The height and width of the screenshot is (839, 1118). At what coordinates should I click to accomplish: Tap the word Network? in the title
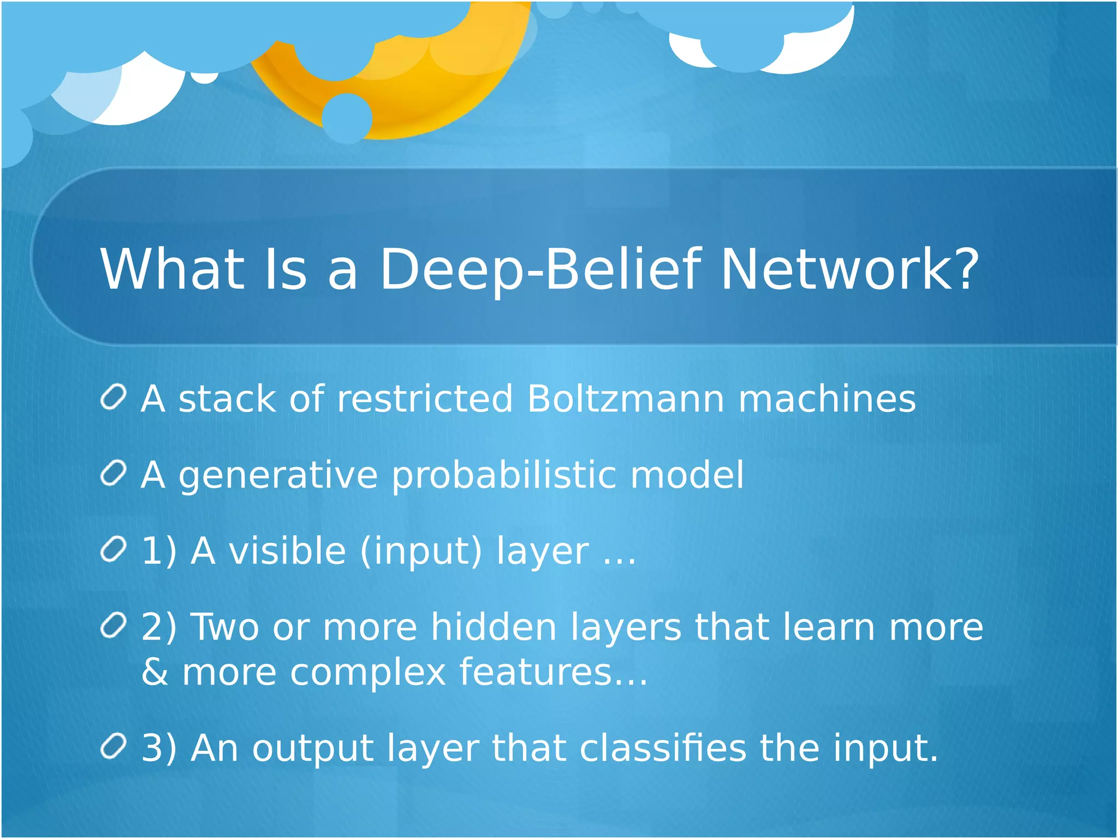(x=849, y=270)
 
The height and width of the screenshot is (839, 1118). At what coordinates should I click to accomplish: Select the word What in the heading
(x=172, y=270)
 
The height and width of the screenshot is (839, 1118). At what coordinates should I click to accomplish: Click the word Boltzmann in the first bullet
(x=626, y=399)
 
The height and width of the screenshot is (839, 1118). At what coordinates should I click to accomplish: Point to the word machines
(x=826, y=399)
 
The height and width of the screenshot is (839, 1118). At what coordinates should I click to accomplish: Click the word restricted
(x=425, y=399)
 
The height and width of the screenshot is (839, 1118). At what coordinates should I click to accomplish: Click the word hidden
(x=493, y=627)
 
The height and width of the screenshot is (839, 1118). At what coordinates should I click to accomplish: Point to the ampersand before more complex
(x=154, y=672)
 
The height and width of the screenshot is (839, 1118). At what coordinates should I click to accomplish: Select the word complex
(x=368, y=673)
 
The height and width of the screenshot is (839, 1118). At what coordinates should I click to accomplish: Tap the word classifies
(x=662, y=748)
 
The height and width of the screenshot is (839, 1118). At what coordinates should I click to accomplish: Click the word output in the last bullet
(x=312, y=749)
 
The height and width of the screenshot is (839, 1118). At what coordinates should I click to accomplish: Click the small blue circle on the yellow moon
(x=347, y=118)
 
